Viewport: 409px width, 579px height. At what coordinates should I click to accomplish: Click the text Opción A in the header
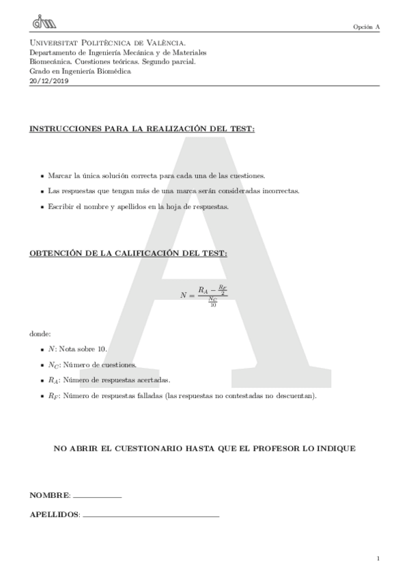tap(366, 27)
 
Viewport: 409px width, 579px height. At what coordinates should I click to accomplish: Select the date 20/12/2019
tap(49, 81)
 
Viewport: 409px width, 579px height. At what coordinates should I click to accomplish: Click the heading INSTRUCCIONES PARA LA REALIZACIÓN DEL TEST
tap(142, 129)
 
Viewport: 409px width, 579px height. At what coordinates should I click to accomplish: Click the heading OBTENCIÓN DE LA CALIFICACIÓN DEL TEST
tap(128, 253)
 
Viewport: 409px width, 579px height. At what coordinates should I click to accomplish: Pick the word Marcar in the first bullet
tap(59, 175)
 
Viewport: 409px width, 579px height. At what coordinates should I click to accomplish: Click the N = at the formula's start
tap(187, 295)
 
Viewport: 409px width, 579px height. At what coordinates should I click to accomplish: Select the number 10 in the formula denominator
tap(213, 305)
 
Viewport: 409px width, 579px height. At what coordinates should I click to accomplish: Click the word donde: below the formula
tap(40, 334)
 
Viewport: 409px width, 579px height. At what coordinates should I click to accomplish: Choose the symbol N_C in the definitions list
tap(53, 365)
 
